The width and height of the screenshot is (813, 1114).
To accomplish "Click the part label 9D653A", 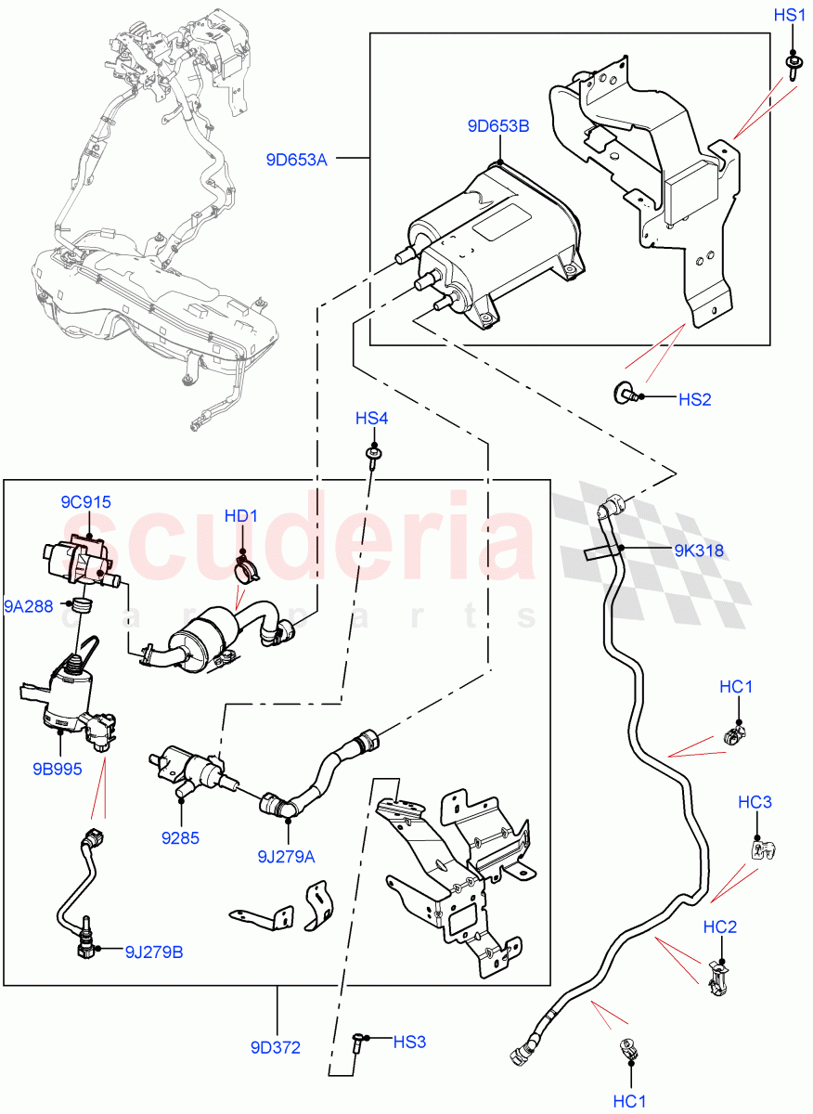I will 296,160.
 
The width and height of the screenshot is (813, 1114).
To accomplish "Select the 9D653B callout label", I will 499,126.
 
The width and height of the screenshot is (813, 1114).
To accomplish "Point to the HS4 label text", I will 371,420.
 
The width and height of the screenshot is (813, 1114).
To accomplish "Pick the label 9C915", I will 86,502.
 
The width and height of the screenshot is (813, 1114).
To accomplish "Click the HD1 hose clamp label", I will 241,516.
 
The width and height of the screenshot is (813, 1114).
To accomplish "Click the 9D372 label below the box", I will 276,1048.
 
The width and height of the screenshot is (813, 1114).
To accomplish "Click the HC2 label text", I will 720,926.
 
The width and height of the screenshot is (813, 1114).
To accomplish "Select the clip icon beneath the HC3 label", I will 760,848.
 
